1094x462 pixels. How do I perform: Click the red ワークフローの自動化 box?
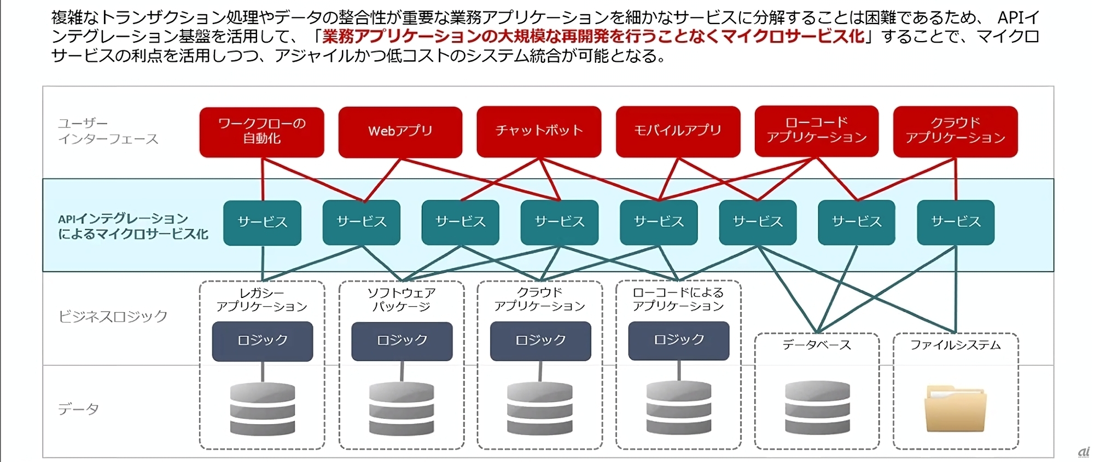pos(261,132)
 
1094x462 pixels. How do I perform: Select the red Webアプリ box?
pos(400,132)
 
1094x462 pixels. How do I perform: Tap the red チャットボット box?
pos(539,131)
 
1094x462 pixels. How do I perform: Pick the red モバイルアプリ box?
pos(678,131)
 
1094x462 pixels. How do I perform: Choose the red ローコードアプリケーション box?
pos(816,131)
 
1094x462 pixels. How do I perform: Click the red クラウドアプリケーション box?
pos(955,131)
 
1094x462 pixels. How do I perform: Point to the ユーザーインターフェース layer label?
pos(108,131)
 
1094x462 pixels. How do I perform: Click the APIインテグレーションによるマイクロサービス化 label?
pos(133,226)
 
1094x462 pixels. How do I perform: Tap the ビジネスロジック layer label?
pos(113,316)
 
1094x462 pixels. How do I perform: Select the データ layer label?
pos(78,409)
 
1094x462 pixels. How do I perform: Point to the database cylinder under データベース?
pos(817,408)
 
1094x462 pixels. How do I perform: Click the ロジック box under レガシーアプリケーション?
pos(263,341)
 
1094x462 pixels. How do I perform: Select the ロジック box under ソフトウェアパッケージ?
pos(401,341)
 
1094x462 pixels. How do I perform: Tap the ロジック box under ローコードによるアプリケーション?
pos(678,340)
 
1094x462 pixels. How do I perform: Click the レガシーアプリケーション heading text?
pos(262,300)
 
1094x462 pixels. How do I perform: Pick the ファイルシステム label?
pos(955,345)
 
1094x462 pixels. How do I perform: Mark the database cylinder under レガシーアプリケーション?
pos(263,409)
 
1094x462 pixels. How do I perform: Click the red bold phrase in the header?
pos(593,37)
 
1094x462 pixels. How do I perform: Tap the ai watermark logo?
pos(1083,452)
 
